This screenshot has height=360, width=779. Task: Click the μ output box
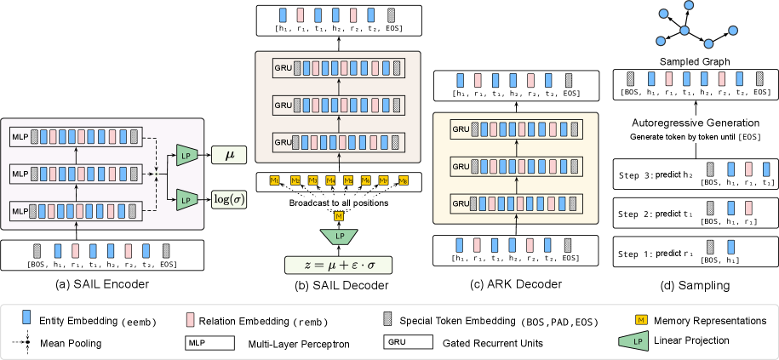pos(228,154)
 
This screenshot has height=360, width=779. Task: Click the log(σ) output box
pos(228,199)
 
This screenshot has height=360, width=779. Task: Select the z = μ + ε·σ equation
pos(338,264)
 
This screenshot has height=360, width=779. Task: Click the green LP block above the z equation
pos(339,235)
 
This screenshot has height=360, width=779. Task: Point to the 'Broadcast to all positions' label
pos(339,203)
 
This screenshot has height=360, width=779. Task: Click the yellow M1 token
pos(274,180)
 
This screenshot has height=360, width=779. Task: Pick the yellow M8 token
pos(404,180)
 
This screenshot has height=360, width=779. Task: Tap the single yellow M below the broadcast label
pos(339,216)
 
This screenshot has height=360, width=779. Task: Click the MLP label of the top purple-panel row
pos(20,137)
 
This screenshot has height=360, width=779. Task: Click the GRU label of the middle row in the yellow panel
pos(461,167)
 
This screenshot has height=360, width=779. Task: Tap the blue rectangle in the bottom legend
pos(26,317)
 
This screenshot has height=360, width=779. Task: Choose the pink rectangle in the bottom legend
pos(190,319)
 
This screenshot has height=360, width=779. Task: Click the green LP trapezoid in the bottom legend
pos(633,341)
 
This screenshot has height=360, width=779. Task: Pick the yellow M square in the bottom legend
pos(641,319)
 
